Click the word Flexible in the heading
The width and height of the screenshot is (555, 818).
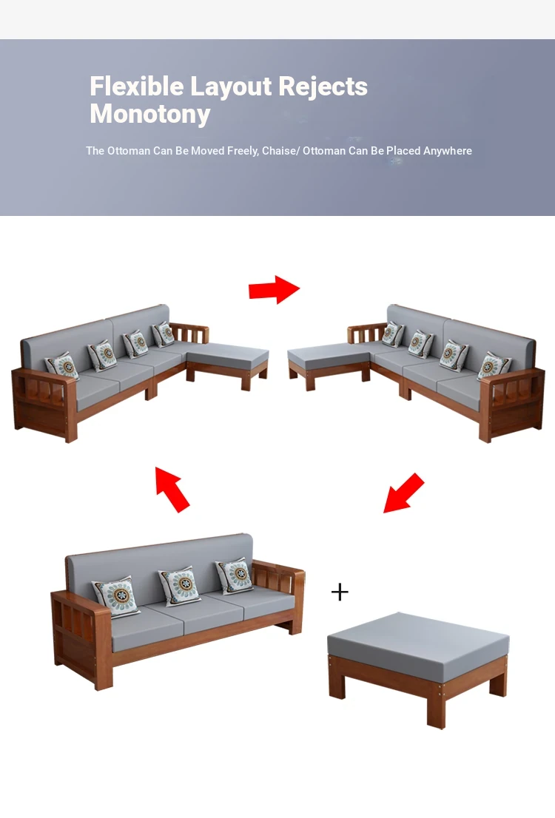coord(137,86)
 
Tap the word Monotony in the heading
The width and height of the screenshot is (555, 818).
coord(150,114)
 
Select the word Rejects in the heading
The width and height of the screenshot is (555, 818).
coord(323,87)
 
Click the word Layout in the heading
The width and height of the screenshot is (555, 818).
coord(232,87)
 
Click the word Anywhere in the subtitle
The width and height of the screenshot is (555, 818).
coord(448,151)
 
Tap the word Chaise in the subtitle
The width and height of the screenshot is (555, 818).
coord(279,151)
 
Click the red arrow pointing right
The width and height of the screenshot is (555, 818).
coord(274,289)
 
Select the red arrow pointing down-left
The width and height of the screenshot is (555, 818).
coord(403,493)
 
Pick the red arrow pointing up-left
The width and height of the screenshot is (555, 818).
coord(173,490)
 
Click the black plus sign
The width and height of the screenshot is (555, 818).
coord(340,592)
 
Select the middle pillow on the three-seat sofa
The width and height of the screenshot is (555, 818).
coord(180,585)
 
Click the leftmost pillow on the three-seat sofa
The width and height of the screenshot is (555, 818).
coord(116,596)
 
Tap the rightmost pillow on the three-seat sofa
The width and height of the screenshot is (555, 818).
coord(235,575)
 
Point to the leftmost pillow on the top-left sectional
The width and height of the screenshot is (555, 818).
coord(62,365)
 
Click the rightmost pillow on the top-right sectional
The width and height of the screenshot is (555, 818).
coord(494,365)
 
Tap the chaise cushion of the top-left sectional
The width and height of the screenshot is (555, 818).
coord(228,356)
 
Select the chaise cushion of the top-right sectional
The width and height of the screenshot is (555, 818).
coord(329,356)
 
